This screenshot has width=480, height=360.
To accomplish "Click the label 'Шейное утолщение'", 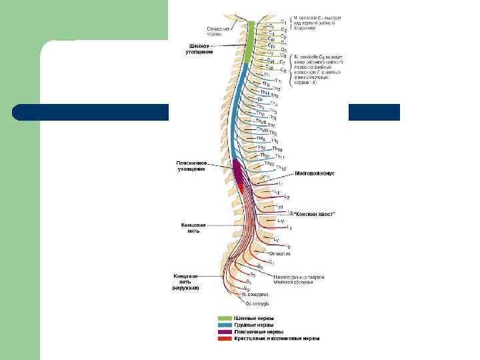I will [x=200, y=49].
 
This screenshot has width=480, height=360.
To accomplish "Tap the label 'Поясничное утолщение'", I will [x=192, y=166].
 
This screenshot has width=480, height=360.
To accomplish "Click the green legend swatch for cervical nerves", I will [x=224, y=318].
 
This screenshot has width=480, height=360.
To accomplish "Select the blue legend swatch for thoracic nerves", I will [x=224, y=325].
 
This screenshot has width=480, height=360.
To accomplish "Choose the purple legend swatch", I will [x=224, y=331].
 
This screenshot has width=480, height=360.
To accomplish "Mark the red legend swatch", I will [x=224, y=338].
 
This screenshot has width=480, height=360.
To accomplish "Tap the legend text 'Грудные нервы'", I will [x=254, y=325].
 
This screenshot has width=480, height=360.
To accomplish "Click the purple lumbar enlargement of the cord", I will [x=238, y=172].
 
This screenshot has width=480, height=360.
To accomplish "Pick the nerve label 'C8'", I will [x=283, y=70].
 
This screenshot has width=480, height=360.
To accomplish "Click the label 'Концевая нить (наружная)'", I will [x=186, y=281].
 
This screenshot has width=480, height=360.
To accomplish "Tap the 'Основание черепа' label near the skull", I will [x=217, y=31].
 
